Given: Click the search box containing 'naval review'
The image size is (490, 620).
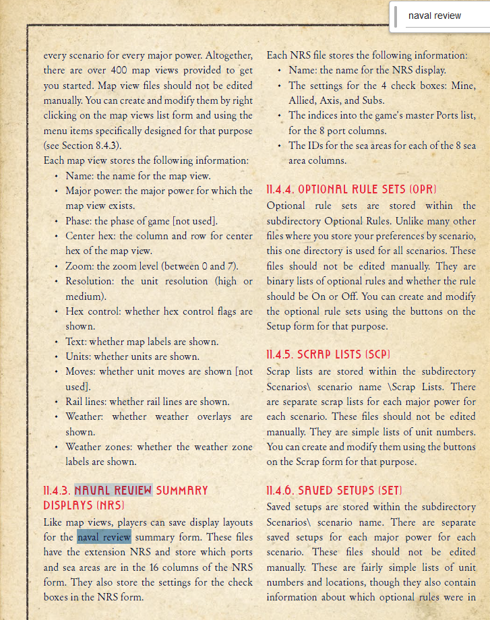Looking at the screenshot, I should [441, 15].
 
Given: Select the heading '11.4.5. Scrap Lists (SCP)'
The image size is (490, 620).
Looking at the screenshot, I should [328, 354].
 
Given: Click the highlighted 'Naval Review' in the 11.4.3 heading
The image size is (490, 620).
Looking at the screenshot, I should [113, 490].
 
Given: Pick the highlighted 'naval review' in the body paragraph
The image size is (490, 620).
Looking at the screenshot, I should [104, 537].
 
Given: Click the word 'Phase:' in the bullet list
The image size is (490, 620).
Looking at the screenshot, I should [80, 221].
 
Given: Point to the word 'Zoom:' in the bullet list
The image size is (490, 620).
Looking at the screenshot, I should [80, 266].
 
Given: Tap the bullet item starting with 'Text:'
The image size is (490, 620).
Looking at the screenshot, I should [142, 342].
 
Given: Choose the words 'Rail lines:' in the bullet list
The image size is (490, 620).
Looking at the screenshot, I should [88, 402].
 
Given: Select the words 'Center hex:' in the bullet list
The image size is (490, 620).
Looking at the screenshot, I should [90, 236].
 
